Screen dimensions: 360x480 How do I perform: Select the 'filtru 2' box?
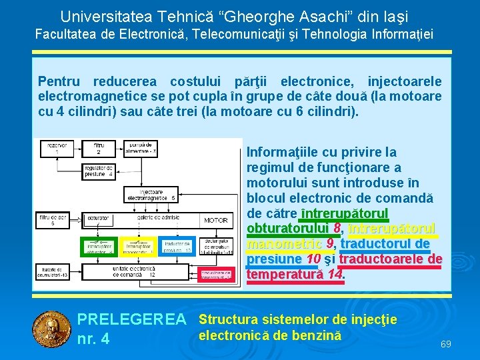click(x=99, y=148)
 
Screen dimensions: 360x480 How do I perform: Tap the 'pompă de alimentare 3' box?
click(x=141, y=148)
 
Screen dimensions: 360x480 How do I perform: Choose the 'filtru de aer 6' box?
click(x=51, y=219)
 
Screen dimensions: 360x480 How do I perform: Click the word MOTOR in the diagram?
click(x=215, y=219)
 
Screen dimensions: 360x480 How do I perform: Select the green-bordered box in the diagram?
click(x=99, y=247)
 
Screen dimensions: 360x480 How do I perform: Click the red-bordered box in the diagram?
click(x=217, y=273)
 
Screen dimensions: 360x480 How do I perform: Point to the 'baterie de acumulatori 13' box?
click(x=52, y=271)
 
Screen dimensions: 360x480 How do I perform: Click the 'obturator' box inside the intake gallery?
click(x=98, y=218)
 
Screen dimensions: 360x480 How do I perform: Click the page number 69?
click(x=446, y=344)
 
